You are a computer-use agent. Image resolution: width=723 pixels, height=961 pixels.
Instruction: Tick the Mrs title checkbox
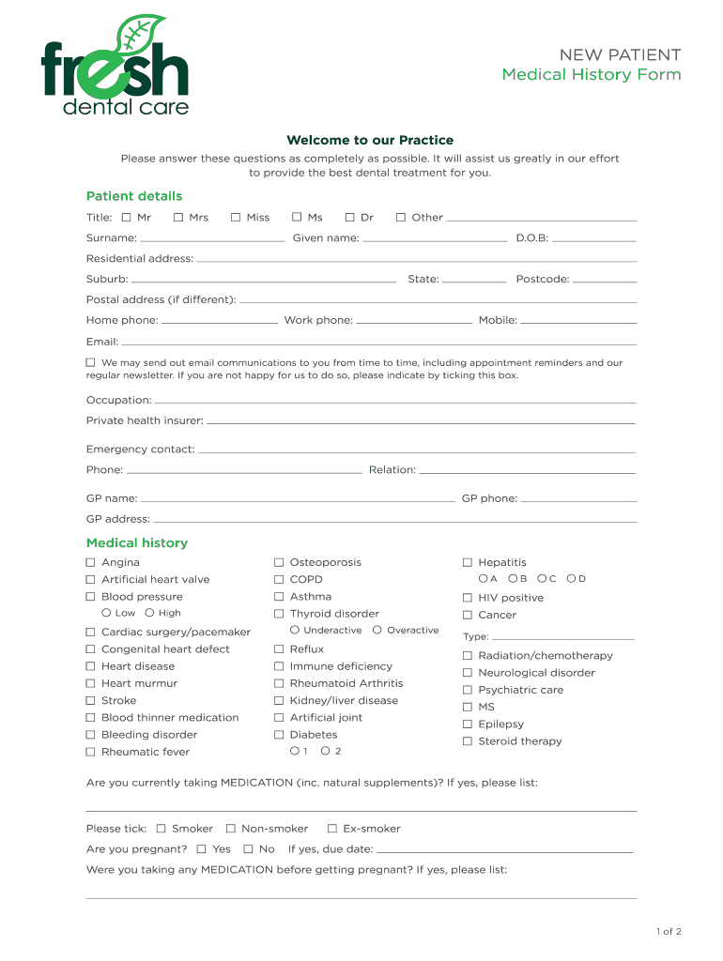click(x=178, y=218)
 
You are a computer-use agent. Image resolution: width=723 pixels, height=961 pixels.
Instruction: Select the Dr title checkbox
click(x=350, y=218)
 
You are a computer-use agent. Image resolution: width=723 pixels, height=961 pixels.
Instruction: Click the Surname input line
click(x=212, y=240)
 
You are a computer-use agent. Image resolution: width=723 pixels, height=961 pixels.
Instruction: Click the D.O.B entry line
click(x=593, y=240)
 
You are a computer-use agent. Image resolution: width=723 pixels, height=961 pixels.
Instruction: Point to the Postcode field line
click(x=605, y=281)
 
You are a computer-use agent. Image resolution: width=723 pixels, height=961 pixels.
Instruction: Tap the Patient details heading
click(x=134, y=196)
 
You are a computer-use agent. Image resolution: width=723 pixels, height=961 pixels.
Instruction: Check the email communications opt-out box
click(x=91, y=362)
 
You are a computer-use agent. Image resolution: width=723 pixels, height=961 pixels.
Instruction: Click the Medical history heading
click(x=137, y=543)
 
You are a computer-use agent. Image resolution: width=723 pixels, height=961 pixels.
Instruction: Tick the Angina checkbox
click(x=91, y=563)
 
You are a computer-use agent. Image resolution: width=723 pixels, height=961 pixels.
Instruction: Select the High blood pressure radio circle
click(x=149, y=613)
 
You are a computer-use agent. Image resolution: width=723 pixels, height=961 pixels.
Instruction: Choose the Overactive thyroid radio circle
click(x=377, y=630)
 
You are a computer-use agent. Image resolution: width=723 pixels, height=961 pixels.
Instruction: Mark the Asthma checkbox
click(x=279, y=597)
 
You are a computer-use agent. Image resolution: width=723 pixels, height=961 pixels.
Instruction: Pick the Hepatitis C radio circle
click(x=542, y=578)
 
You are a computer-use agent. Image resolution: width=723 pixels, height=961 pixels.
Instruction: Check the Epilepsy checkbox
click(x=468, y=725)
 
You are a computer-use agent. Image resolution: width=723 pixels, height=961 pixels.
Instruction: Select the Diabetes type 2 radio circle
click(x=325, y=751)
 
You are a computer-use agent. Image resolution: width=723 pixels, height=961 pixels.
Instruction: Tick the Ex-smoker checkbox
click(x=332, y=829)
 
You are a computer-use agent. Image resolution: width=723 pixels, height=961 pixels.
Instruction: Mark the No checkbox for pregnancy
click(x=248, y=849)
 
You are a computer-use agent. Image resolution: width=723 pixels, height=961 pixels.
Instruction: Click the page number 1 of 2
click(x=669, y=932)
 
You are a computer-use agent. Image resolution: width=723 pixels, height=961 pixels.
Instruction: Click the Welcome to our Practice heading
click(x=370, y=141)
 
